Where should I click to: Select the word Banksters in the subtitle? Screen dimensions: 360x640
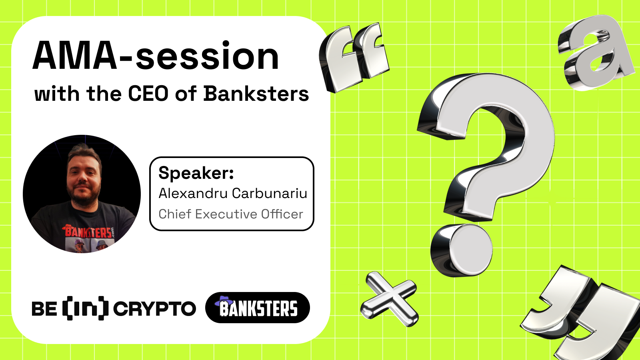(256, 94)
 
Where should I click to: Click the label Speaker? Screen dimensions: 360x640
(196, 173)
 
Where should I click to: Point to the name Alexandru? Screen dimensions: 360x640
(193, 193)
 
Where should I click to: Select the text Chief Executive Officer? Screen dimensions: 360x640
(231, 214)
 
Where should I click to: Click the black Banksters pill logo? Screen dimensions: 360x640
(258, 308)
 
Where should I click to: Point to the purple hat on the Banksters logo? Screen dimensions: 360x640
(224, 301)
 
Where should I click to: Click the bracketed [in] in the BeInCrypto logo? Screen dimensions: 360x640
(85, 308)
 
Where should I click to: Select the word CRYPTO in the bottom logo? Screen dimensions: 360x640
(154, 309)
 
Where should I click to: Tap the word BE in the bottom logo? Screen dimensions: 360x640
(44, 309)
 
